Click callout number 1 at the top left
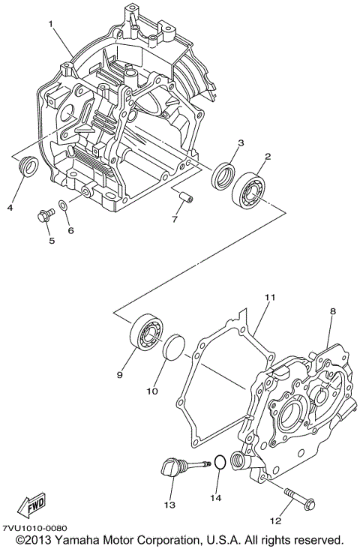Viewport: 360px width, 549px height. pyautogui.click(x=51, y=23)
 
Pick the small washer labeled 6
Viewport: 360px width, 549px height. pyautogui.click(x=65, y=206)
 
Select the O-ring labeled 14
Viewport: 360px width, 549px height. pyautogui.click(x=218, y=462)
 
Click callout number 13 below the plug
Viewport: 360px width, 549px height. pyautogui.click(x=170, y=505)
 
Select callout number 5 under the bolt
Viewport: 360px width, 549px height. pyautogui.click(x=52, y=241)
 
